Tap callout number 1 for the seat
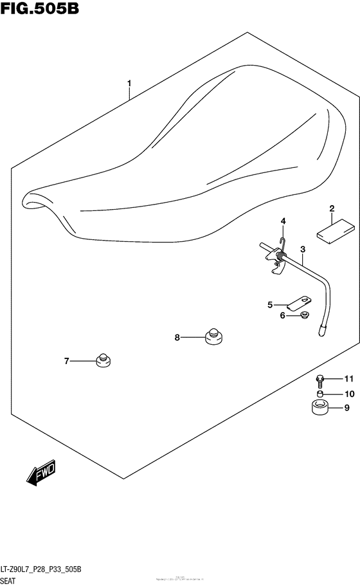129,83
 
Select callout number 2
332,208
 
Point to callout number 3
303,249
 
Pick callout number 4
282,222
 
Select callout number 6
282,315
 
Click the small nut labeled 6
303,315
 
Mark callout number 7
66,362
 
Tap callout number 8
177,337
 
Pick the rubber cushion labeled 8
213,335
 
